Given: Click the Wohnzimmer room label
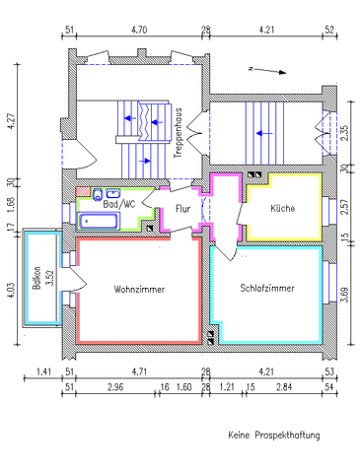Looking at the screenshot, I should coord(138,290).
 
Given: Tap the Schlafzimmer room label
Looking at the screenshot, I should coord(266,288).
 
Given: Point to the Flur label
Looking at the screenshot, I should coord(183,209).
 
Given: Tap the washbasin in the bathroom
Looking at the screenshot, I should coord(113,193).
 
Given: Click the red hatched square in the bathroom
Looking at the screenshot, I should coord(84,190).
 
